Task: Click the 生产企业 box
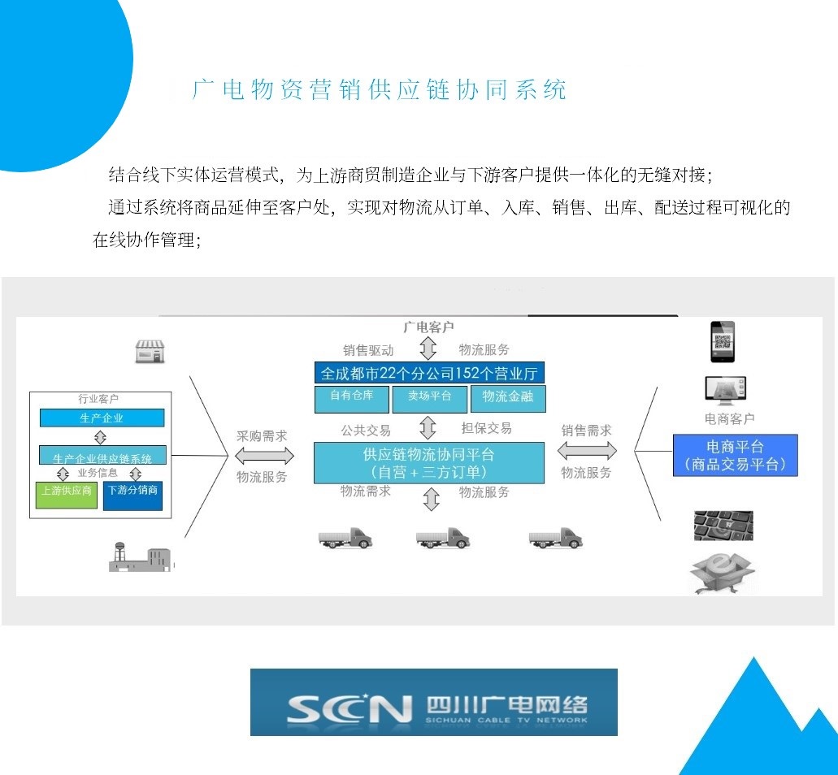click(102, 418)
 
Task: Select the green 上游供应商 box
click(67, 495)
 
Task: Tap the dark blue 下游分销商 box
click(132, 495)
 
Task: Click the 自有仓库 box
click(351, 398)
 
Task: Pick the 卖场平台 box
click(430, 398)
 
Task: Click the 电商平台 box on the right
click(735, 456)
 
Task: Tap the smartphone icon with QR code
click(722, 341)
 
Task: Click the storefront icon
click(150, 351)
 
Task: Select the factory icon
click(141, 556)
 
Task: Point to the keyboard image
click(723, 526)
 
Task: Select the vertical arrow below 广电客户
click(428, 349)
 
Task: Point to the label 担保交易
click(486, 429)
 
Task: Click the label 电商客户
click(729, 418)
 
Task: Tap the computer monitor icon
click(725, 390)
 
